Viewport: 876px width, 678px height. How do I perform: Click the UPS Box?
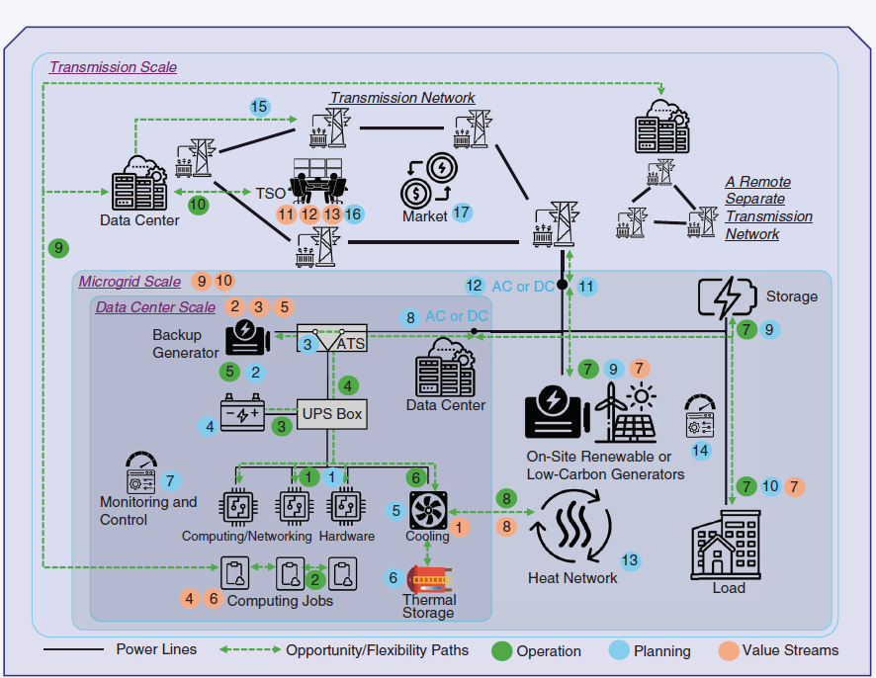click(332, 413)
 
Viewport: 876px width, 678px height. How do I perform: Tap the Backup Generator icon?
click(247, 338)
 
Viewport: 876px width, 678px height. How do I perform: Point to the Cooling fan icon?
click(428, 510)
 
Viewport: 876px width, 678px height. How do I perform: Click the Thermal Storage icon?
click(428, 578)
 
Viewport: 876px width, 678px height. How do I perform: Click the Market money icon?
click(427, 178)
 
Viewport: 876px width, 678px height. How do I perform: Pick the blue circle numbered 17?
click(463, 212)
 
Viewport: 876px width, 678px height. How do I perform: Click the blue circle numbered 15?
click(260, 107)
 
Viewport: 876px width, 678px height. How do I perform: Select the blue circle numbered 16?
click(353, 213)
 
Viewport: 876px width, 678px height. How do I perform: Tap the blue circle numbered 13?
click(631, 560)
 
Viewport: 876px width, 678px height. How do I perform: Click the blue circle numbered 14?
click(701, 450)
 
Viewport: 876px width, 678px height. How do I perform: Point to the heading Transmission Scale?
click(114, 67)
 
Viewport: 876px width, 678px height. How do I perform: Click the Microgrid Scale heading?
click(130, 281)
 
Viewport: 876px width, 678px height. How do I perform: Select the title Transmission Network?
click(402, 98)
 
